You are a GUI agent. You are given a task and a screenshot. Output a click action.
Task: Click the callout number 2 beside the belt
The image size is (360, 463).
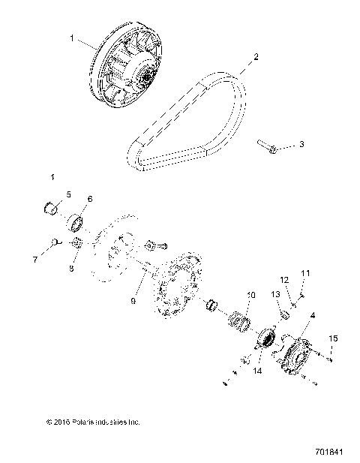256,56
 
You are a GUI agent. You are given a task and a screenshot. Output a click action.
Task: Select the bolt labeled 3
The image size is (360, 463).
266,146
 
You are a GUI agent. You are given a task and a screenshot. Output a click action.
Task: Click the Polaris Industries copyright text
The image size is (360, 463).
93,422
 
